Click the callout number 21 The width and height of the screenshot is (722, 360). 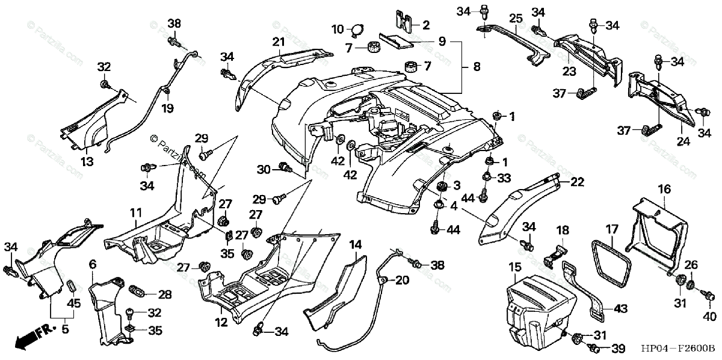pyautogui.click(x=277, y=42)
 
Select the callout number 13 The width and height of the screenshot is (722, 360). pyautogui.click(x=87, y=161)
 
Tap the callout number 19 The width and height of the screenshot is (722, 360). pyautogui.click(x=167, y=108)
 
